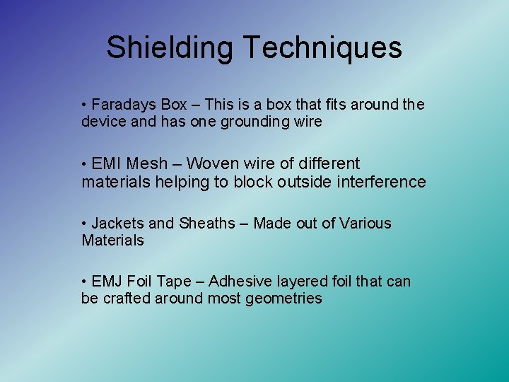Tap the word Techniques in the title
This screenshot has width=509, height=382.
(x=323, y=48)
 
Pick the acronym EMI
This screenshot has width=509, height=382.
(x=107, y=164)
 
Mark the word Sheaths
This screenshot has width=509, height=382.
(x=206, y=224)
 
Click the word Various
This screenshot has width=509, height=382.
(x=365, y=224)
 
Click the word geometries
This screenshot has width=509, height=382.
(x=283, y=299)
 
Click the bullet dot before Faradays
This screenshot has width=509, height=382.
(x=84, y=105)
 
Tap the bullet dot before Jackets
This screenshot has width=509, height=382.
(x=84, y=224)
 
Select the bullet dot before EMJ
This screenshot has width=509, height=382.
(x=84, y=282)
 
